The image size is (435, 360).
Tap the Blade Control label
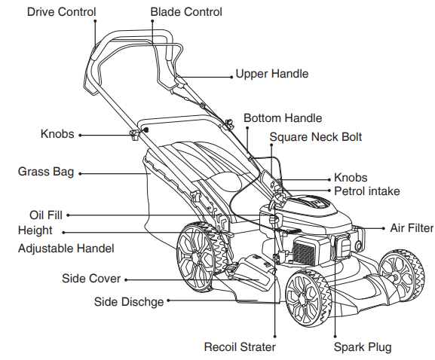pyautogui.click(x=186, y=12)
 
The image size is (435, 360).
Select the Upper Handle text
pyautogui.click(x=271, y=74)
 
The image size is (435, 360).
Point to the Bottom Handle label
pyautogui.click(x=283, y=118)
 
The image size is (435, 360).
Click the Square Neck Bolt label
pyautogui.click(x=315, y=137)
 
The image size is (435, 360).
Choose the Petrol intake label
pyautogui.click(x=366, y=191)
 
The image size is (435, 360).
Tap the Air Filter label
pyautogui.click(x=411, y=227)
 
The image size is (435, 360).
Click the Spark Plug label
pyautogui.click(x=363, y=347)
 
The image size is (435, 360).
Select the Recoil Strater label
pyautogui.click(x=240, y=347)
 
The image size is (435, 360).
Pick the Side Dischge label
pyautogui.click(x=128, y=302)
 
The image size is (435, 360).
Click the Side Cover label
pyautogui.click(x=91, y=279)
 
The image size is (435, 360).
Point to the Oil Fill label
pyautogui.click(x=46, y=215)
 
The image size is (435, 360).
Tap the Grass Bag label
pyautogui.click(x=46, y=172)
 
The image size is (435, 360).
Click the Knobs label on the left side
pyautogui.click(x=57, y=134)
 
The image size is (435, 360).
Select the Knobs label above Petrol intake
pyautogui.click(x=351, y=178)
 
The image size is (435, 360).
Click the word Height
pyautogui.click(x=35, y=230)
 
